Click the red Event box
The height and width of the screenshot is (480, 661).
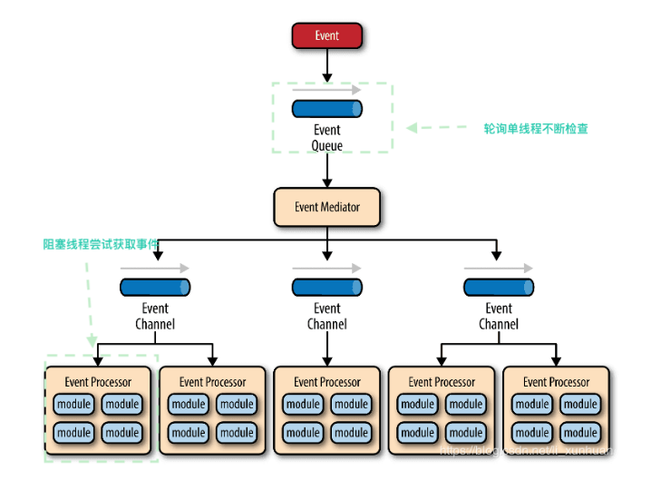pyautogui.click(x=326, y=36)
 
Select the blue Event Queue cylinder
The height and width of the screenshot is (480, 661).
pyautogui.click(x=326, y=109)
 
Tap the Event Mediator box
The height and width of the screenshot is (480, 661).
pyautogui.click(x=326, y=207)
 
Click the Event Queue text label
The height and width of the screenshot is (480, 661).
pyautogui.click(x=326, y=138)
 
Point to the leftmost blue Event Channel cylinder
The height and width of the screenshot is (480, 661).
pyautogui.click(x=155, y=288)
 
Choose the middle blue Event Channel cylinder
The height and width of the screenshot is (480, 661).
pyautogui.click(x=326, y=288)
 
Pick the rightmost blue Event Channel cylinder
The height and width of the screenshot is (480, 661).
pyautogui.click(x=498, y=288)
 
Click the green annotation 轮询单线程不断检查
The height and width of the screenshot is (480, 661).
pyautogui.click(x=536, y=129)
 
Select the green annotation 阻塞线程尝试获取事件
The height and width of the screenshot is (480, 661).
pyautogui.click(x=101, y=244)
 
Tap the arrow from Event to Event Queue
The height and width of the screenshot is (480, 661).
pyautogui.click(x=326, y=65)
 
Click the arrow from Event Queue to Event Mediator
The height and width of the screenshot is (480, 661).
pyautogui.click(x=326, y=170)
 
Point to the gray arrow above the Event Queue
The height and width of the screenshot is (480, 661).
pyautogui.click(x=326, y=90)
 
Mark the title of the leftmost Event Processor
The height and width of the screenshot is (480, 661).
pyautogui.click(x=98, y=382)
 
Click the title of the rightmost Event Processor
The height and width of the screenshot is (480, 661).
pyautogui.click(x=556, y=382)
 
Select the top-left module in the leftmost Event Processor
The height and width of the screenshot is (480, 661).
pyautogui.click(x=74, y=405)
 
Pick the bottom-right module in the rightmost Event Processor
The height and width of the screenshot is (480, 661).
pyautogui.click(x=580, y=433)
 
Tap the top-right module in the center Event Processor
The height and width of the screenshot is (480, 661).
pyautogui.click(x=351, y=405)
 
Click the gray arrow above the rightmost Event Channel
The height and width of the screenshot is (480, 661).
pyautogui.click(x=498, y=269)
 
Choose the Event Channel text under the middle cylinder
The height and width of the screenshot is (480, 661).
pyautogui.click(x=326, y=317)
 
